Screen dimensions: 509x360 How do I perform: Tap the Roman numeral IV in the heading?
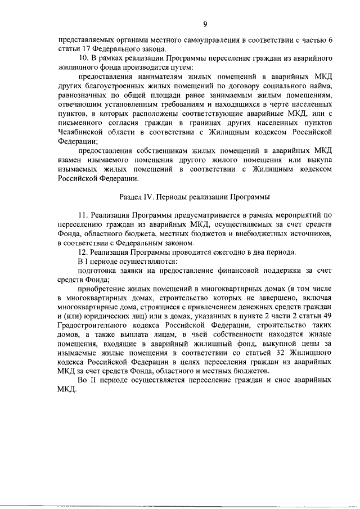coord(153,197)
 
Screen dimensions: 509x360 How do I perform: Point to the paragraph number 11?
coord(83,215)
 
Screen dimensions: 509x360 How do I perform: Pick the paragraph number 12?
coord(83,251)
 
